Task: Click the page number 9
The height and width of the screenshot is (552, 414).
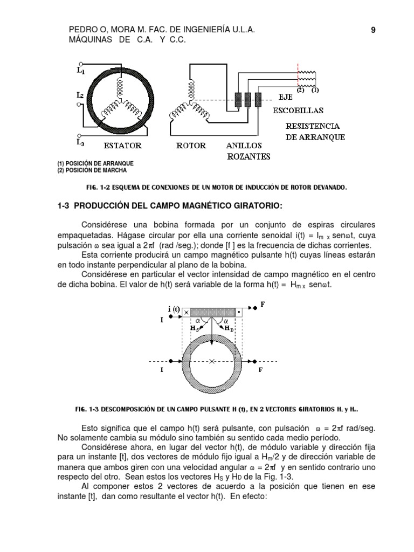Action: pos(373,31)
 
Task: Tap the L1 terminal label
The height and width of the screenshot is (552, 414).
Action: pos(80,70)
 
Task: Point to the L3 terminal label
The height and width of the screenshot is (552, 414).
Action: pos(80,142)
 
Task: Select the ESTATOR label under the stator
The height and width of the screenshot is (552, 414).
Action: pos(122,146)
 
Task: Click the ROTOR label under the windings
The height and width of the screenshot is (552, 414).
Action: pos(191,146)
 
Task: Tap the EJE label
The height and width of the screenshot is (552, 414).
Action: pos(285,99)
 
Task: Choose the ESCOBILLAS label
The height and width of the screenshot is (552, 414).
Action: pos(298,111)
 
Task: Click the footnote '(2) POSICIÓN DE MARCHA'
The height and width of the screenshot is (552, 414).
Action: pos(92,170)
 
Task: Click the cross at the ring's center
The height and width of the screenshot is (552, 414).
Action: pos(212,361)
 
